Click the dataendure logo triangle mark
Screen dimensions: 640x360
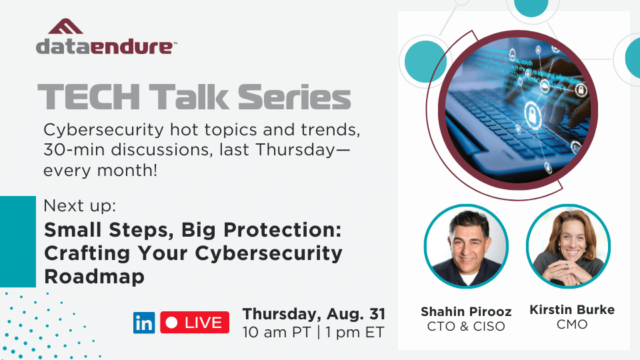pos(66,26)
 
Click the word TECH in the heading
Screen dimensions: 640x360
pos(89,97)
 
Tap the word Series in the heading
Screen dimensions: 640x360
pos(294,97)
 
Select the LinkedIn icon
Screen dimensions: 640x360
pos(144,323)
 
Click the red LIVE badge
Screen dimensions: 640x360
pos(195,323)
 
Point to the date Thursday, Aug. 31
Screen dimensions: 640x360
pos(314,314)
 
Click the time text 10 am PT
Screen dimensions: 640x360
pos(277,332)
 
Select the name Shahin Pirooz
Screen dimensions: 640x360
pos(466,312)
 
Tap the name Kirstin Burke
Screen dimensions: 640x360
pos(572,310)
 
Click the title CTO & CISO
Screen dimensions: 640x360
pos(466,327)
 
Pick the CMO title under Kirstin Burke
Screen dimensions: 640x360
pos(572,325)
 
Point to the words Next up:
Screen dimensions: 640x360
pos(79,206)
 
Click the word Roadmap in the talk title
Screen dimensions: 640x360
pos(94,276)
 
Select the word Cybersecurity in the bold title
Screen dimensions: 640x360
pos(269,254)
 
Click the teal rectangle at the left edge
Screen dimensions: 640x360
pos(18,241)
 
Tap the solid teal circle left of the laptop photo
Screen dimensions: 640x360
pos(425,61)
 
